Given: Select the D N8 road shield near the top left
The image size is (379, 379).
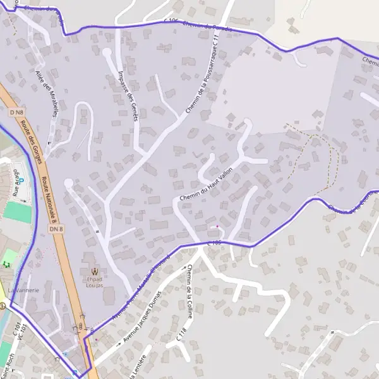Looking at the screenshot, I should (17, 112).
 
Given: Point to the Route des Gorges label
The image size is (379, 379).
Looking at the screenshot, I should (32, 142).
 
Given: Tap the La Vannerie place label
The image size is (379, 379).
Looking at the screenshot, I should (25, 289).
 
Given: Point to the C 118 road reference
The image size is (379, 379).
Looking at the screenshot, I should (182, 335).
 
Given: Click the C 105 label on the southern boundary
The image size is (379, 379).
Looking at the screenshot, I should (215, 243).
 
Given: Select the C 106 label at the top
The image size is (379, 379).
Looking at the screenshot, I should (171, 21).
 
